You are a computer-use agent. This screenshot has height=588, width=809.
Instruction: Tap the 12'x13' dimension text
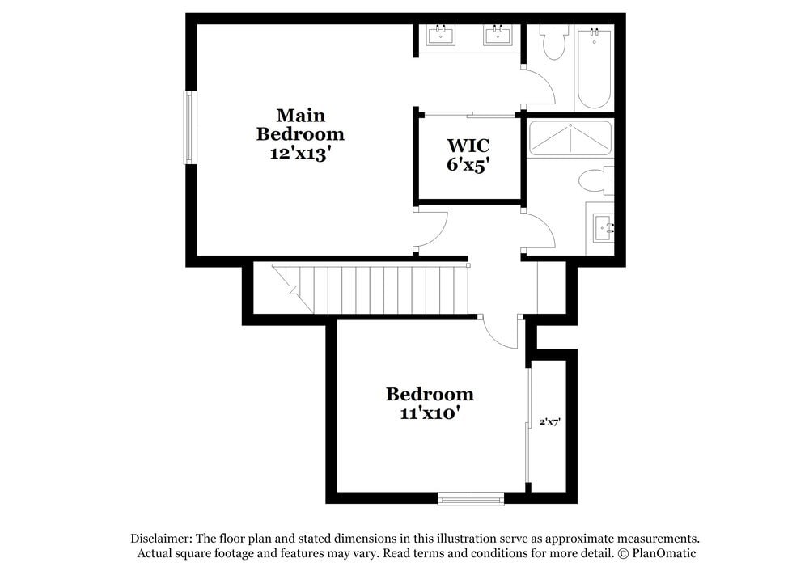pos(300,154)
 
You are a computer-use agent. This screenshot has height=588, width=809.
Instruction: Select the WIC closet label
pos(468,146)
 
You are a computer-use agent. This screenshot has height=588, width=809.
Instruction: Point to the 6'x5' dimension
pos(468,165)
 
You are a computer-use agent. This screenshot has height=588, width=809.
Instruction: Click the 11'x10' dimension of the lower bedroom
pos(430,412)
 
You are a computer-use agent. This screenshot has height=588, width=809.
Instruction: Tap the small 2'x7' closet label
pos(550,421)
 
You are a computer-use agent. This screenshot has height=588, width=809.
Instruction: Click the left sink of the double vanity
pos(441,35)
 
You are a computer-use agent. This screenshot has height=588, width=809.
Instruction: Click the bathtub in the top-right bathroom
pos(594,68)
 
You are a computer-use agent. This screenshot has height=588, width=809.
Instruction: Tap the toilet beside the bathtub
pos(554,43)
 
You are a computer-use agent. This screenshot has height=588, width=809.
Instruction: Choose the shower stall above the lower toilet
pos(570,138)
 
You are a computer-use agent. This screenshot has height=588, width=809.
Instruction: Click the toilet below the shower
pos(596,180)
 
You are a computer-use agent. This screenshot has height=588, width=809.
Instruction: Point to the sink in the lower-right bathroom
pos(603,228)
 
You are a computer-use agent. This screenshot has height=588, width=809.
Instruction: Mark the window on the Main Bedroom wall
pos(189,127)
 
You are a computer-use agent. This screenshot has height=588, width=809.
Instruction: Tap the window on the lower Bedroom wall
pos(471,499)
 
